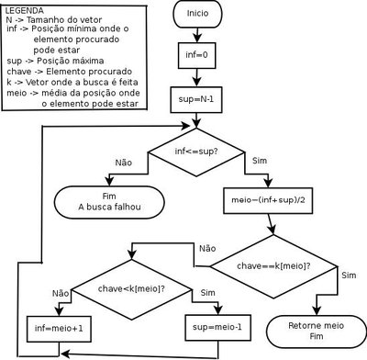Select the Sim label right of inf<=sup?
[259, 162]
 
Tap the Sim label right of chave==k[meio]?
[349, 275]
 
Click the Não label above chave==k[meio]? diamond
[206, 248]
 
